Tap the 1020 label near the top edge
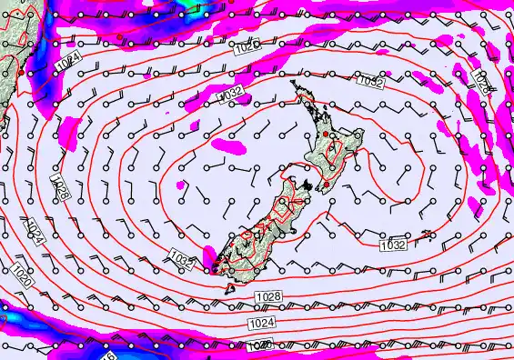246,44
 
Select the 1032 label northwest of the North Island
231,94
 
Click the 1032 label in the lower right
392,245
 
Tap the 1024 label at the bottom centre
261,322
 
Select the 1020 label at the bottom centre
259,345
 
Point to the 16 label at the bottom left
108,355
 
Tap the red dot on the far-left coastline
20,69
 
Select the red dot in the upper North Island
325,134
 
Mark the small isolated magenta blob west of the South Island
182,185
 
